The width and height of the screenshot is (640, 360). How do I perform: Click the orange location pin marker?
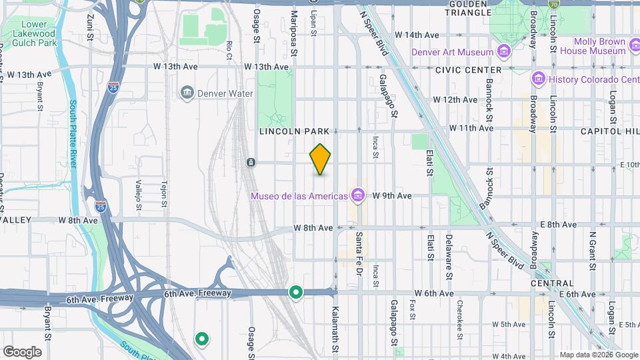point(321,159)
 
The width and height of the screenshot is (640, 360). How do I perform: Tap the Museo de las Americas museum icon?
point(359,195)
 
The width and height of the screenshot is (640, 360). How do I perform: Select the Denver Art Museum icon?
point(504,51)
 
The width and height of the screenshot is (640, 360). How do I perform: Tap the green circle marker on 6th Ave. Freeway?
point(295,292)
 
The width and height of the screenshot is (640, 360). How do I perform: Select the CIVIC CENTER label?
point(468,70)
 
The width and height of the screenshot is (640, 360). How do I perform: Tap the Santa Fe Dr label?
point(359,248)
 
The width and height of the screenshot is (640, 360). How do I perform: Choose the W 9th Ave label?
point(392,195)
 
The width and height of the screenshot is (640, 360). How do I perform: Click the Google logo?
point(22,351)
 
